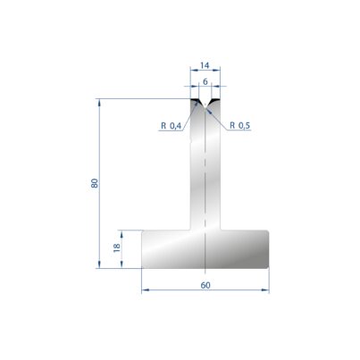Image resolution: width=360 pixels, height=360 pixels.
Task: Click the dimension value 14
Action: click(205, 65)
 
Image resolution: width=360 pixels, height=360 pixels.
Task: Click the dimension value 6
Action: click(205, 81)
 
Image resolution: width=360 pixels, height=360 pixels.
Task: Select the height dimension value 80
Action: click(95, 183)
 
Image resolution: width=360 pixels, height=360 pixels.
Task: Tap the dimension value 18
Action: click(117, 247)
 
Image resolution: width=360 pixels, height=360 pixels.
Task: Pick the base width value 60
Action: click(205, 285)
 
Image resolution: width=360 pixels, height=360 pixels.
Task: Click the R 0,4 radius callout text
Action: click(171, 126)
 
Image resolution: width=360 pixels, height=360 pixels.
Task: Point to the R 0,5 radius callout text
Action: click(239, 126)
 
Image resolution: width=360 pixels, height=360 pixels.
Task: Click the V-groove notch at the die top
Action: click(205, 105)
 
